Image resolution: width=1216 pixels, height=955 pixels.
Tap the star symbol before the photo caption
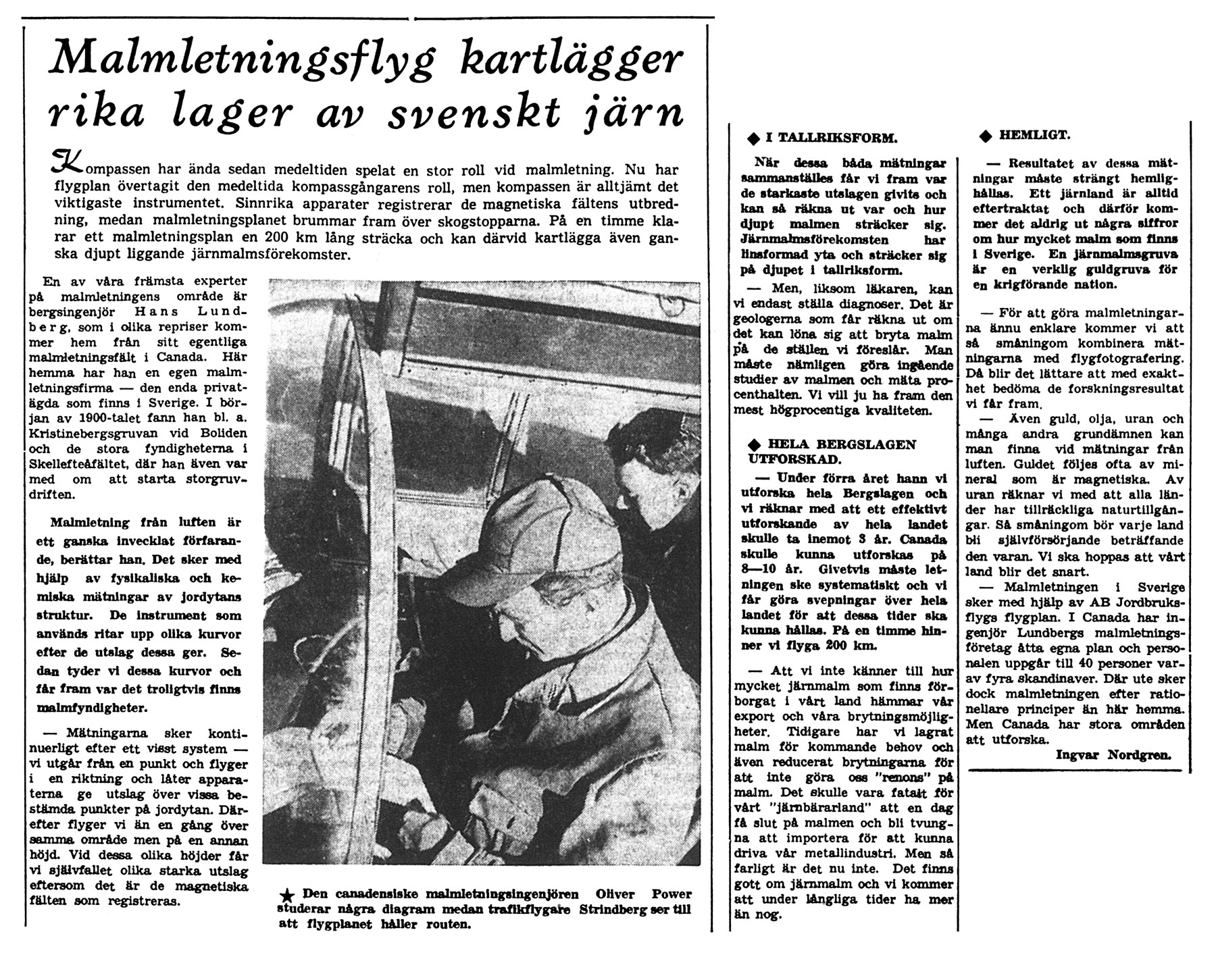point(286,896)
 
